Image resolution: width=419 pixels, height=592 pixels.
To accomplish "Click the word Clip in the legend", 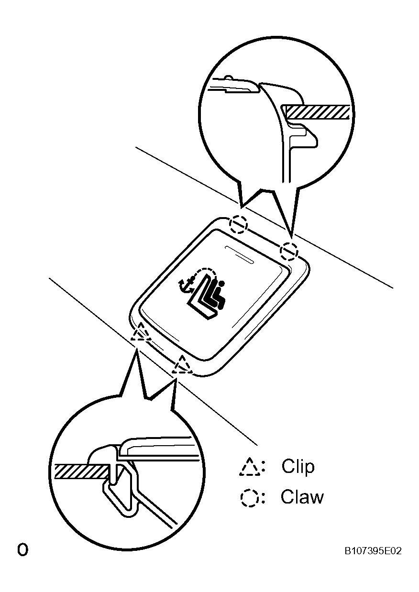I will coord(298,466).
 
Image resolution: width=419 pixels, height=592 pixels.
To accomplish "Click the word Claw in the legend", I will coord(302,497).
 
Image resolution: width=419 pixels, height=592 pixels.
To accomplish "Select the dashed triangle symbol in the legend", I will coord(250,467).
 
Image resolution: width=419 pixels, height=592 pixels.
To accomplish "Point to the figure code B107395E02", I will coord(373,551).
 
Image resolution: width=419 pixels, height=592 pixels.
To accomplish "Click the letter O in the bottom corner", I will coord(22,549).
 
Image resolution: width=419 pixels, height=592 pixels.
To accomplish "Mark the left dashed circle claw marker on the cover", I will coord(239,223).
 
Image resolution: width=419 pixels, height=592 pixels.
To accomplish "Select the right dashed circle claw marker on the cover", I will coord(289,250).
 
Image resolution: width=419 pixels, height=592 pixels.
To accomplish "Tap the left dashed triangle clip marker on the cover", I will coord(142,331).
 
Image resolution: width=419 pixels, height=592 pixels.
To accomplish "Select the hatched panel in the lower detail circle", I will coord(81,471).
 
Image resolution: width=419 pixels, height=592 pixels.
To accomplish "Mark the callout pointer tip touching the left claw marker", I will coord(242,208).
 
